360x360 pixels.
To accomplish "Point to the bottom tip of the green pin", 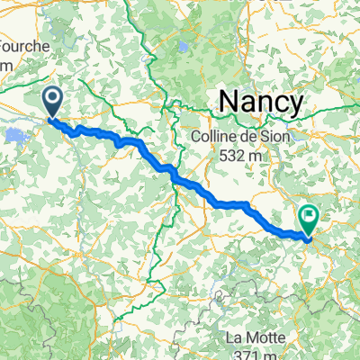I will [310, 239].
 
